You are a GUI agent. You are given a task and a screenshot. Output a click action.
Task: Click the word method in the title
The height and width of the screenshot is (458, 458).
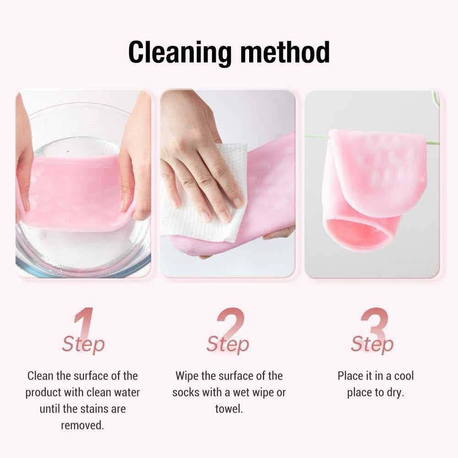(285, 52)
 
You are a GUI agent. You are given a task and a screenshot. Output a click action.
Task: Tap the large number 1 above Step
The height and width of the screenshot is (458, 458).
(84, 324)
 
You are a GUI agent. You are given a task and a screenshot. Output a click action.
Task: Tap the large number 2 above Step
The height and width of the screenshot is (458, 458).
(230, 324)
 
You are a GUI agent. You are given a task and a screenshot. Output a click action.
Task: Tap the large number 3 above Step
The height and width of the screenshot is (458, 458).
(375, 324)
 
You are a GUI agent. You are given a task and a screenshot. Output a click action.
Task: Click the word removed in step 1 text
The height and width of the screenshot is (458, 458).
(82, 425)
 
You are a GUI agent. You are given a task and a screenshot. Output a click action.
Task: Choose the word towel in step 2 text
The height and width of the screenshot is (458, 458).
(229, 409)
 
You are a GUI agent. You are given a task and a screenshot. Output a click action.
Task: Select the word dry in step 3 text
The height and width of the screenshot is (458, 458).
(396, 393)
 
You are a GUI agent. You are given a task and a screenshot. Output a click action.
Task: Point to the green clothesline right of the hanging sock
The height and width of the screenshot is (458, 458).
(433, 143)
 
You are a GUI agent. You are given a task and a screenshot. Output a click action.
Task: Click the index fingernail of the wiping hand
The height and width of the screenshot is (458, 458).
(224, 217)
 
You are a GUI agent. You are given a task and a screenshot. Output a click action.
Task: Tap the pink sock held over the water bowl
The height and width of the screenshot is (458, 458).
(76, 193)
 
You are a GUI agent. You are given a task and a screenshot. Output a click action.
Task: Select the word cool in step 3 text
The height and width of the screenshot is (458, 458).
(404, 376)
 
